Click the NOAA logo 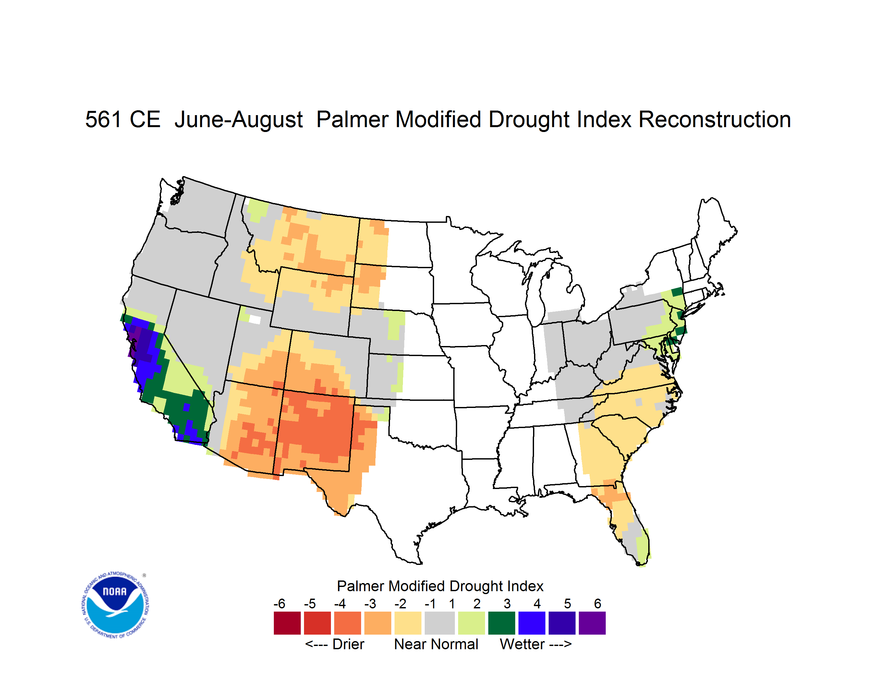115,605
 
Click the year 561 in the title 103,119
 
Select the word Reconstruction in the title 714,119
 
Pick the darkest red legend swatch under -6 287,623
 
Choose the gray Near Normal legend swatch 440,623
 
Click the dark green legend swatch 501,623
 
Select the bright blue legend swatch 532,623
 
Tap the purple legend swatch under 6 592,623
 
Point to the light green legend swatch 471,623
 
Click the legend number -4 340,603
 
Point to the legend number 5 567,603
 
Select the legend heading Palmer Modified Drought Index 440,586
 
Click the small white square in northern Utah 255,319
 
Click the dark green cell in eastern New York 677,292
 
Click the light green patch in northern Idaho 258,209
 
